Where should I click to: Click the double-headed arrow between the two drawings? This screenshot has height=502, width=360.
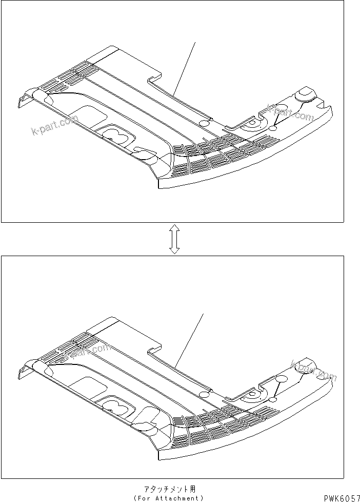[174, 239]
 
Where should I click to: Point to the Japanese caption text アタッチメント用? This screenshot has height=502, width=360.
[170, 489]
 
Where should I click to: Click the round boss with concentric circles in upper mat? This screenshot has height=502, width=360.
[252, 123]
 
